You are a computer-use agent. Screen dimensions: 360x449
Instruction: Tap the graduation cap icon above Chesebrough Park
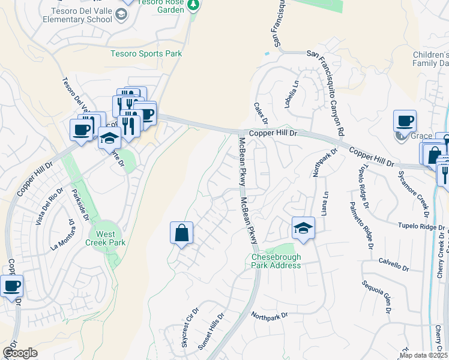coord(304,228)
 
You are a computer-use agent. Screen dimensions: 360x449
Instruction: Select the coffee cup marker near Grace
coord(405,121)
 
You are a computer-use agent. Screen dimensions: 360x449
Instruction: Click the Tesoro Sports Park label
coord(146,53)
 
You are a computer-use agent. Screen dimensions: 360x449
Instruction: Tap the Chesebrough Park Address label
coord(276,261)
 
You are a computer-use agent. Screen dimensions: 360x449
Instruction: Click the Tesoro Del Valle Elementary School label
coord(77,14)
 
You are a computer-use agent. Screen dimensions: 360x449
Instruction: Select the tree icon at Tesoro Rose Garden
coord(193,5)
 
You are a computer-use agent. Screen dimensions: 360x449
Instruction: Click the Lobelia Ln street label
coord(291,94)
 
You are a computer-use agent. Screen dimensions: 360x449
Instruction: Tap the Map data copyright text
coord(424,355)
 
